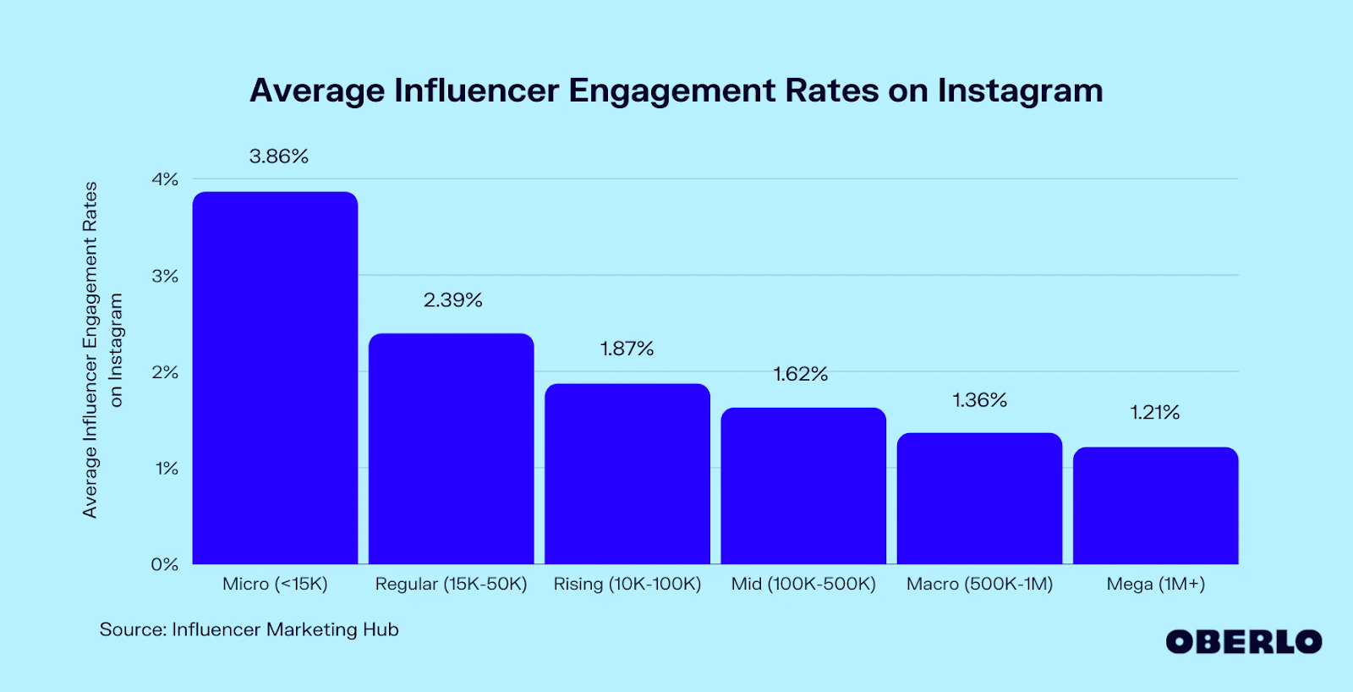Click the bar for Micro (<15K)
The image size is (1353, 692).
(275, 378)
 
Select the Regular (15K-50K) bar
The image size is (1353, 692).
(452, 448)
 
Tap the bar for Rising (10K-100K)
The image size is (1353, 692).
(627, 474)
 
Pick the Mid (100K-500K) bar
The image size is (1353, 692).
(803, 486)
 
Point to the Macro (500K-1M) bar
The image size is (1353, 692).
(979, 498)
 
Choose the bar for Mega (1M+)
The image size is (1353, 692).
(1156, 505)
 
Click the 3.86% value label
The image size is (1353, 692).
(279, 157)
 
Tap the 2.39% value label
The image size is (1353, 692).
(453, 300)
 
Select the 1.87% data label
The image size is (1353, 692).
(627, 349)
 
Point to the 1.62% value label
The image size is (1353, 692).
(801, 374)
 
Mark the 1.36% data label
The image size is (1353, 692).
(980, 400)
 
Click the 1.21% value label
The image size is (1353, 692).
(1155, 413)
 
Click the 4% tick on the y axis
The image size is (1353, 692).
(165, 179)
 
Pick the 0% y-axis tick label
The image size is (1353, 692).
(165, 564)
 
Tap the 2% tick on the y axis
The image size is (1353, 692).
(165, 372)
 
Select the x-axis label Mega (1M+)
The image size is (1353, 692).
(1156, 584)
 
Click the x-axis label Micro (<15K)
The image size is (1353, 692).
(275, 584)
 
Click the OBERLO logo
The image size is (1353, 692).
(1244, 642)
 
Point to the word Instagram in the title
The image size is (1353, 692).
(1020, 91)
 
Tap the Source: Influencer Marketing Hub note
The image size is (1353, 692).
(249, 629)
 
